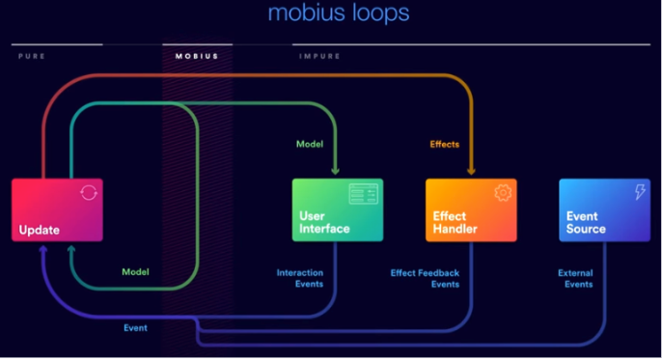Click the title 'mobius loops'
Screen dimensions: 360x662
pos(338,14)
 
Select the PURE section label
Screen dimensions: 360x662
pos(32,56)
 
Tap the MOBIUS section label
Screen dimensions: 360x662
pos(197,56)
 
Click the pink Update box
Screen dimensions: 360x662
pos(57,209)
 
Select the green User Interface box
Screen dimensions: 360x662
pos(338,209)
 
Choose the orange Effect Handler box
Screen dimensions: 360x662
pos(471,209)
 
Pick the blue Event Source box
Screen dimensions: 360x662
pos(604,209)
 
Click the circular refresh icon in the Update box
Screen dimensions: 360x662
pos(88,193)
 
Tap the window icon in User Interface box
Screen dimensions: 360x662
pos(364,193)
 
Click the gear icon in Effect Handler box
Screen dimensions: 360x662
pos(502,193)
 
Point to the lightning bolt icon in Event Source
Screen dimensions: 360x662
pos(639,193)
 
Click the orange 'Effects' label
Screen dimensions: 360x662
pos(444,144)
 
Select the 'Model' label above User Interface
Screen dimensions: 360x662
pos(309,144)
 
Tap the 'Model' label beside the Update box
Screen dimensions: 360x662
pos(135,272)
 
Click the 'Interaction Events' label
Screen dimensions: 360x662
pos(300,279)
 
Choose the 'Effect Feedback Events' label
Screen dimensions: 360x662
pos(425,279)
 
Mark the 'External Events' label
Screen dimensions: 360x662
pos(575,279)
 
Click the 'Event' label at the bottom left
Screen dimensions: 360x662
pos(135,328)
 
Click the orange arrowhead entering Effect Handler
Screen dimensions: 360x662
pos(471,172)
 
